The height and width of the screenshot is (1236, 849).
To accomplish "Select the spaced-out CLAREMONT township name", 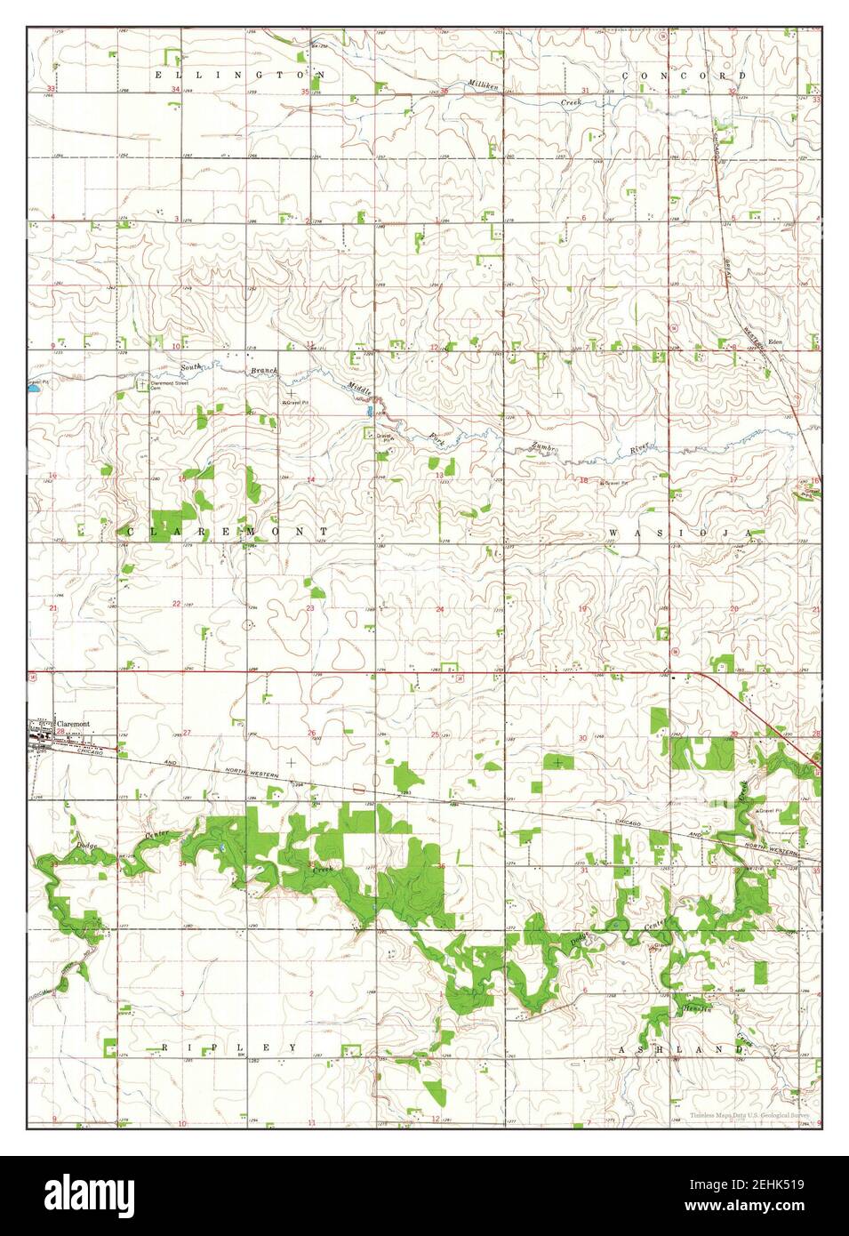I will pyautogui.click(x=228, y=531).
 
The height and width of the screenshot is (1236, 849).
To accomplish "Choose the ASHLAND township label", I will pyautogui.click(x=681, y=1049).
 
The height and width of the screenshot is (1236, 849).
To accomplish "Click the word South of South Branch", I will pyautogui.click(x=192, y=366).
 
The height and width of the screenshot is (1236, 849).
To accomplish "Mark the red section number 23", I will pyautogui.click(x=310, y=608).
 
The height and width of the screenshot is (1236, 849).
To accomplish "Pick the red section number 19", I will pyautogui.click(x=583, y=608).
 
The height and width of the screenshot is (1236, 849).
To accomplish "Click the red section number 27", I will pyautogui.click(x=187, y=734).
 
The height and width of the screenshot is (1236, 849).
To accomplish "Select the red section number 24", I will pyautogui.click(x=439, y=609).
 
